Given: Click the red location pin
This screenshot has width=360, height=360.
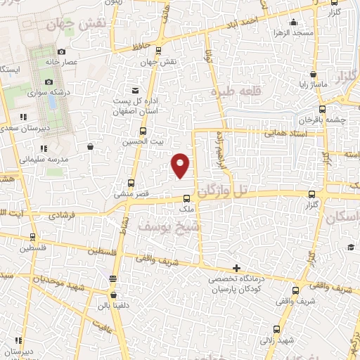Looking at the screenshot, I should pyautogui.click(x=181, y=165).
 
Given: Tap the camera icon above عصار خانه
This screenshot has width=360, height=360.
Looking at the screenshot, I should pyautogui.click(x=62, y=51).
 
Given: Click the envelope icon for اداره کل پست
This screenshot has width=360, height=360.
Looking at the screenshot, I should pyautogui.click(x=136, y=90).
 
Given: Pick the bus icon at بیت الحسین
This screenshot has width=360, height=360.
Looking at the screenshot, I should pyautogui.click(x=143, y=131).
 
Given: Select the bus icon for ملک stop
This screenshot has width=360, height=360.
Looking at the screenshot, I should pyautogui.click(x=186, y=198).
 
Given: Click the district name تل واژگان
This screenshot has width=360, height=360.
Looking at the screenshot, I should pyautogui.click(x=224, y=189).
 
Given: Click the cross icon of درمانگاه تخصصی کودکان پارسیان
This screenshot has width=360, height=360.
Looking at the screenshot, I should pyautogui.click(x=237, y=268).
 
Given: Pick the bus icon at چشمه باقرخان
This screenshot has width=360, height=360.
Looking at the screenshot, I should pyautogui.click(x=322, y=109).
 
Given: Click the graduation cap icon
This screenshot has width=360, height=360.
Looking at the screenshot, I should pyautogui.click(x=350, y=247).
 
